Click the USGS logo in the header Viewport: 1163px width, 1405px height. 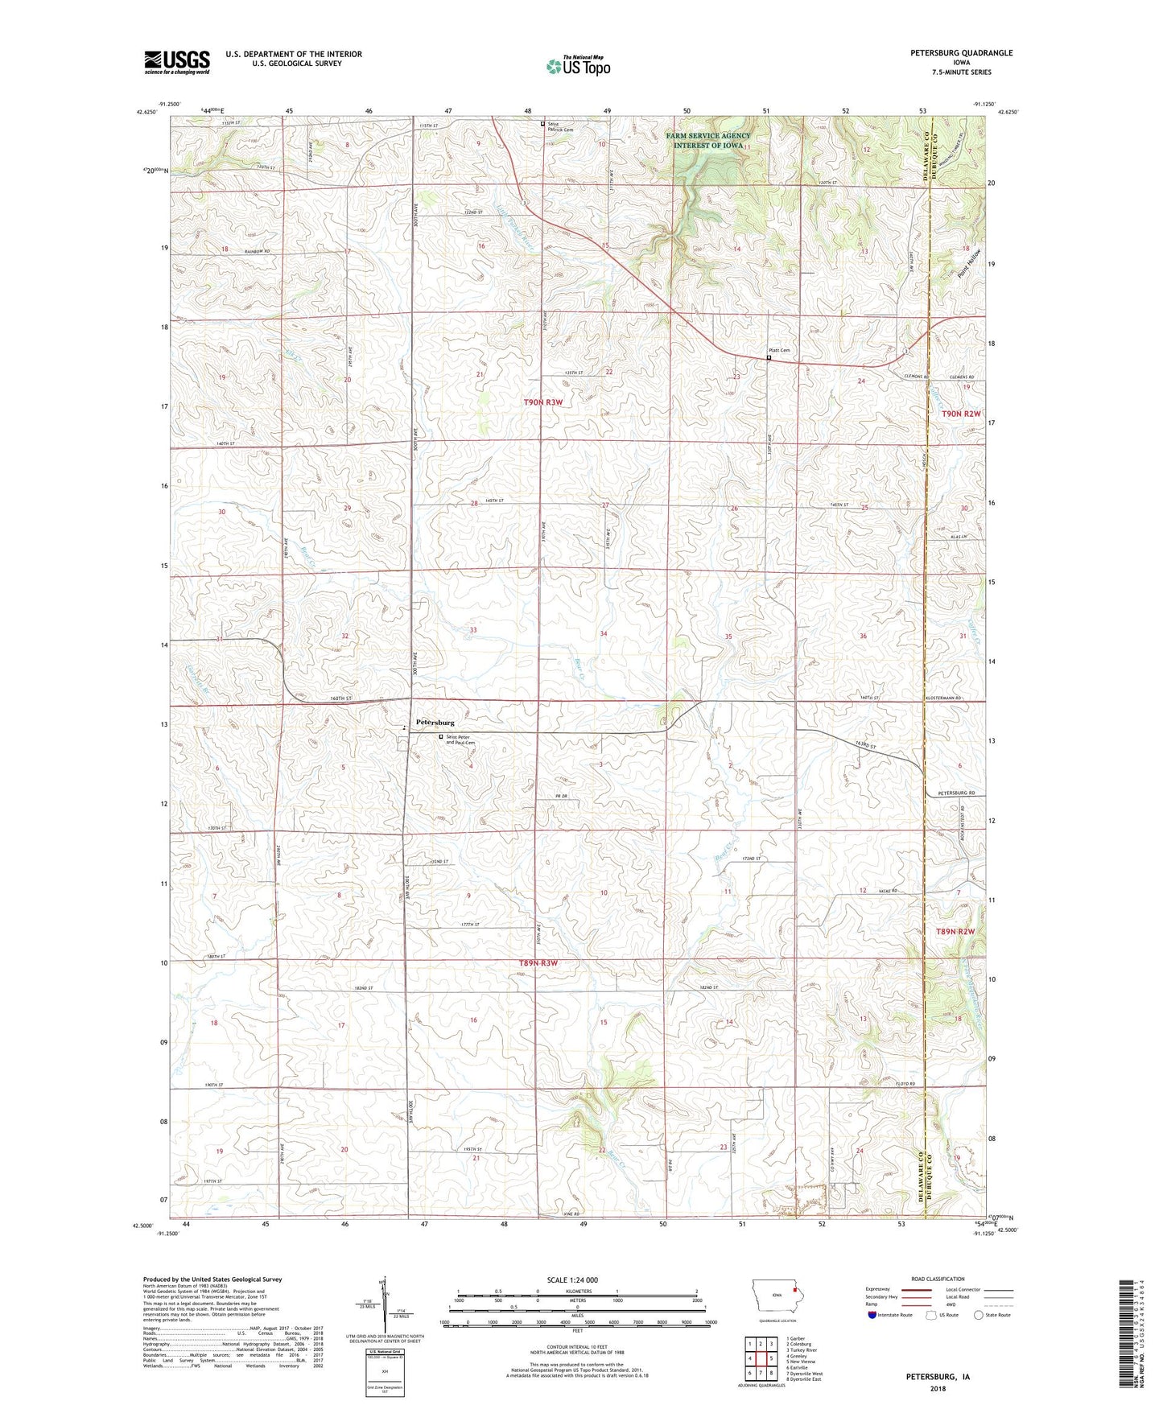tap(177, 62)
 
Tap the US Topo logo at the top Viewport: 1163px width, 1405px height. tap(577, 66)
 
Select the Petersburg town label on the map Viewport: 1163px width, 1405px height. tap(435, 723)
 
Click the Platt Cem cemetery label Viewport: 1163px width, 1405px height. tap(778, 350)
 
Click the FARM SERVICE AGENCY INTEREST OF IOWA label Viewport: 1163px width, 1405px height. tap(708, 140)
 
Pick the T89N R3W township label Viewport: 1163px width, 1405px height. tap(538, 963)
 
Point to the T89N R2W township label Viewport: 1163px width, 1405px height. tap(955, 931)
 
